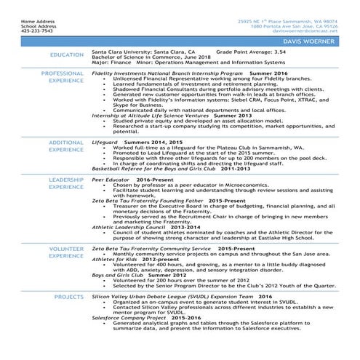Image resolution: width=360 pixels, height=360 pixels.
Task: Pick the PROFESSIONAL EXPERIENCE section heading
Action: click(63, 78)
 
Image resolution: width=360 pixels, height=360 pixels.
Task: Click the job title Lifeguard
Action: click(107, 142)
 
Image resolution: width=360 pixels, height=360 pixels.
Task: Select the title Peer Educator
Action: click(111, 179)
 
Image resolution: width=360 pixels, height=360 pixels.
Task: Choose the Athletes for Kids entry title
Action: click(116, 258)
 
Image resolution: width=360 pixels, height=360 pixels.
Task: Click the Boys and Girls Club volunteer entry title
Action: click(119, 276)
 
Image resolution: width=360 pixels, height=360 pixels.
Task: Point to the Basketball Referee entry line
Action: click(145, 169)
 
